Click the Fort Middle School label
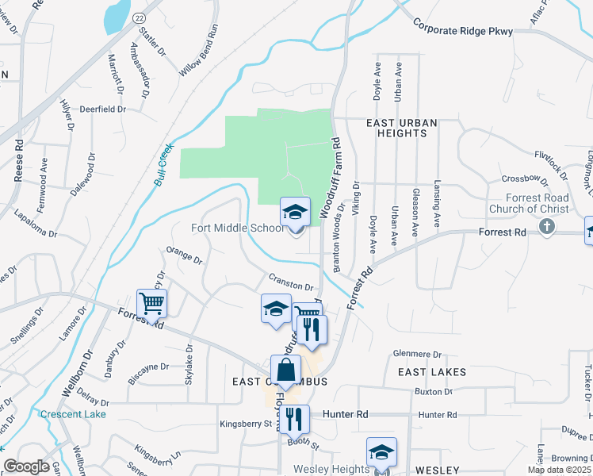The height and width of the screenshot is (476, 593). [x=237, y=228]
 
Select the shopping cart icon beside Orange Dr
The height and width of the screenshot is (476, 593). [x=151, y=303]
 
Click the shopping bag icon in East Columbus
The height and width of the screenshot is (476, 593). [x=285, y=370]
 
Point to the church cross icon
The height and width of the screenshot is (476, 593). [x=546, y=227]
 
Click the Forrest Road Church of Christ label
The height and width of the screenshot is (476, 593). [x=538, y=203]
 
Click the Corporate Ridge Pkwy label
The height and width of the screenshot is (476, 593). [x=463, y=30]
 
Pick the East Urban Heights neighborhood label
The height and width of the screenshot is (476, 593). [x=396, y=128]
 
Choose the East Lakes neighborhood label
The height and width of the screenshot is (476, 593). [x=431, y=371]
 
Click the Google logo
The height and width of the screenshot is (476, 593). [x=26, y=466]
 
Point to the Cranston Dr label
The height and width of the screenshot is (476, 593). [x=291, y=282]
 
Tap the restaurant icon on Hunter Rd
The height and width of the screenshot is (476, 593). [x=294, y=418]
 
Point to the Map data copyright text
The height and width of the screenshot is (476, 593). [x=560, y=470]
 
